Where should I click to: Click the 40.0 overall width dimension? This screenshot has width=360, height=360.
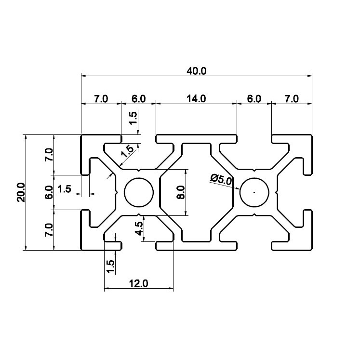(x=197, y=71)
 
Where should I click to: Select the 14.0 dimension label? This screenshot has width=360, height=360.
(x=196, y=99)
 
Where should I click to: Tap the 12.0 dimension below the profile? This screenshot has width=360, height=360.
(x=138, y=284)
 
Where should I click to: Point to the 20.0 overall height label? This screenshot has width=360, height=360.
(x=21, y=192)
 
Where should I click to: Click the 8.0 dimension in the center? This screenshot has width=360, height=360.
(x=181, y=192)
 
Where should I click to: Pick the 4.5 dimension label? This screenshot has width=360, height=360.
(x=139, y=228)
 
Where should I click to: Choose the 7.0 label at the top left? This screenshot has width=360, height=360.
(x=101, y=99)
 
